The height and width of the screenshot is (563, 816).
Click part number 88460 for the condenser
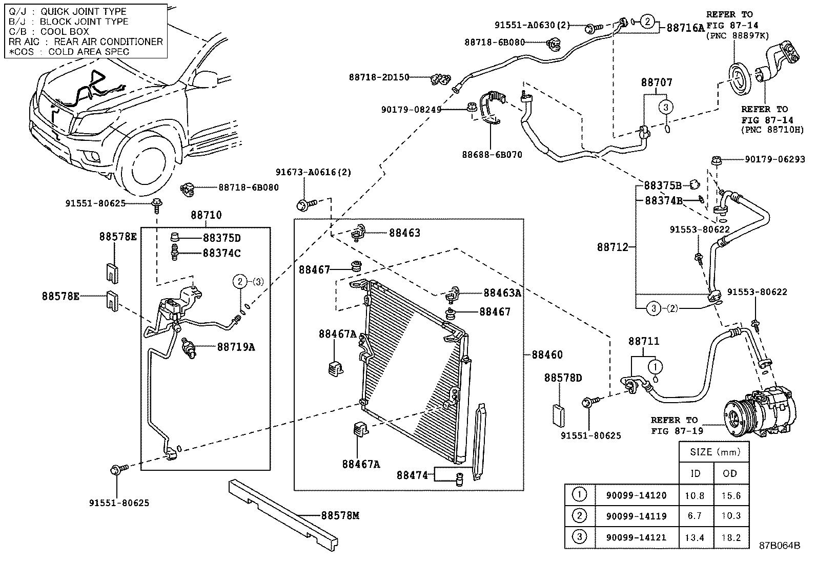(x=547, y=355)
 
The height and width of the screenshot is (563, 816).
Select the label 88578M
(x=340, y=515)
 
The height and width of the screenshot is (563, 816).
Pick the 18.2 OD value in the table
(x=730, y=537)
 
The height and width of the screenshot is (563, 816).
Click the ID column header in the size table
(x=695, y=473)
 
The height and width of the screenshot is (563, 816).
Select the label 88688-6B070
(x=492, y=154)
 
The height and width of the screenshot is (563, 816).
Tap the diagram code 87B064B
(x=780, y=546)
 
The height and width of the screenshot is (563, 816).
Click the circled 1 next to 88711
(x=655, y=367)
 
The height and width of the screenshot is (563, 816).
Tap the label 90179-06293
(x=774, y=160)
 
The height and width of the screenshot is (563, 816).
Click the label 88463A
(x=502, y=293)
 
